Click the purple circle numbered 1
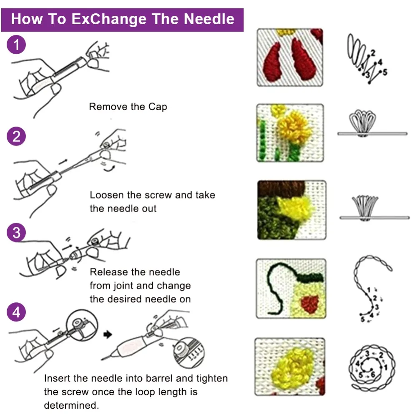[x=17, y=45]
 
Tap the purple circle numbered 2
[x=17, y=136]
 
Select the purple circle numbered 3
[x=17, y=232]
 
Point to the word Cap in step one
[x=158, y=107]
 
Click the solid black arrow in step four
[x=108, y=334]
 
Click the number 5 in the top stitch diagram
[x=384, y=72]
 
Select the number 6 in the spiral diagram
[x=372, y=374]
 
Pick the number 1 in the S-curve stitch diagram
[x=369, y=290]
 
